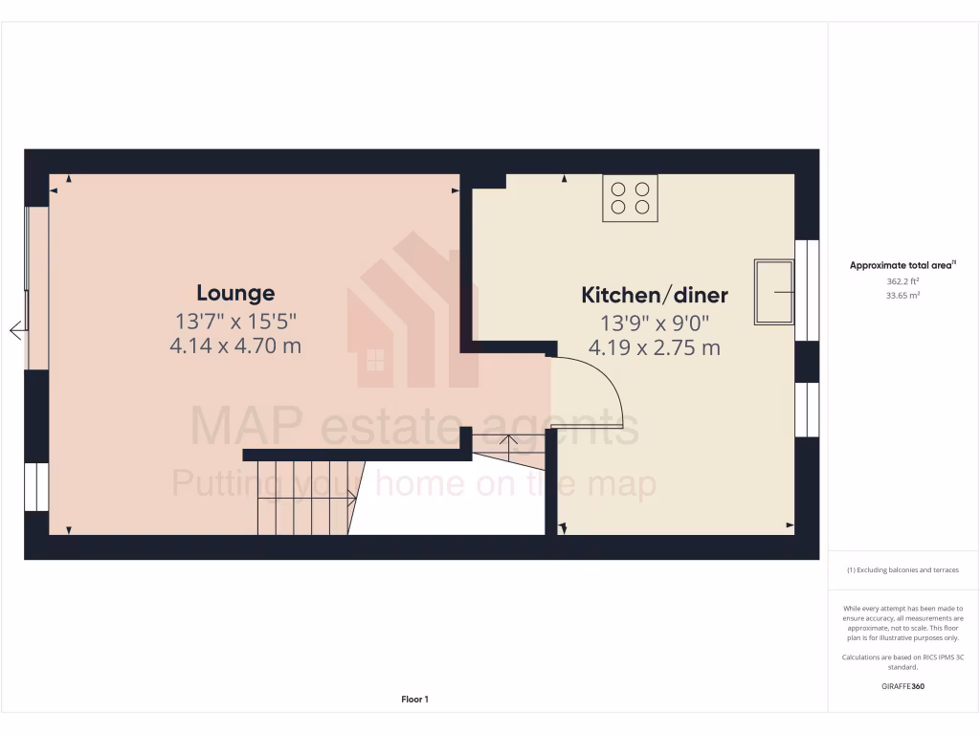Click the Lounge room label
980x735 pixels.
point(235,293)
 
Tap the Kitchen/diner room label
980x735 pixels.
point(656,295)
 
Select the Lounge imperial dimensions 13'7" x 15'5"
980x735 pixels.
point(235,321)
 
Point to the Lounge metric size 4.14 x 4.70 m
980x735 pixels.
point(235,345)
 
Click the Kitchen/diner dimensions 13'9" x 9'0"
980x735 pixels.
point(656,323)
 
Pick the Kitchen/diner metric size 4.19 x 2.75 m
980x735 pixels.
point(656,347)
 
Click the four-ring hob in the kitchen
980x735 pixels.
point(630,198)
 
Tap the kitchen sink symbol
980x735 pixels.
point(774,291)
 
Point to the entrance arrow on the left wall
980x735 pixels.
point(16,331)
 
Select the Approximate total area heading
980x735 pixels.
point(902,265)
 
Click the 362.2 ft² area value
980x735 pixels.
point(902,281)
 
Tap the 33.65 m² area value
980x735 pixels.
point(902,296)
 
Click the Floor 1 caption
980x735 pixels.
point(414,700)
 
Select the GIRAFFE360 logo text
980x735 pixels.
point(902,685)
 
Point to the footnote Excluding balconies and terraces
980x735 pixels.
point(902,570)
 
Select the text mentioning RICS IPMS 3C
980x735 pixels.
point(902,661)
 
